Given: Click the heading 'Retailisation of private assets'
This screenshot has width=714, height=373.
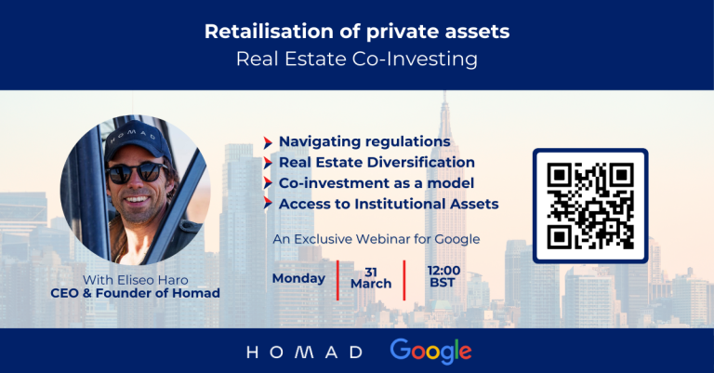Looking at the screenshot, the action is [357, 32].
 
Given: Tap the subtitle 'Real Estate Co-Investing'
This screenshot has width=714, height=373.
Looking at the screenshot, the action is [357, 60].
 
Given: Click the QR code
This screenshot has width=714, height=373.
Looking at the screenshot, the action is [590, 206].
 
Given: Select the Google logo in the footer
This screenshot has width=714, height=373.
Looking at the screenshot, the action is [430, 351].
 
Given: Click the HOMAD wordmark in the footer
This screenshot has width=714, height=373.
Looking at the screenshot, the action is [304, 352].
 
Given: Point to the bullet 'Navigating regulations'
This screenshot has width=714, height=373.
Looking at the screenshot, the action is [364, 141].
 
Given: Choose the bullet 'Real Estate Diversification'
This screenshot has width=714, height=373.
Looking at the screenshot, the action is [377, 162].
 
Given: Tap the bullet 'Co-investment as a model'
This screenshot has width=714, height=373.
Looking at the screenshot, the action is [377, 183].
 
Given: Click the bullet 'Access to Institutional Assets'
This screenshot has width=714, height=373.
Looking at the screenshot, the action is [389, 204].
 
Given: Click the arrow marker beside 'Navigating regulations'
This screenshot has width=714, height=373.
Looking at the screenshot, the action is [268, 142].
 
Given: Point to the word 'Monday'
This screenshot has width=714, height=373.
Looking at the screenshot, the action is [298, 278].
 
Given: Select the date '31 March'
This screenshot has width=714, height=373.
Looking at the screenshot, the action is [371, 278].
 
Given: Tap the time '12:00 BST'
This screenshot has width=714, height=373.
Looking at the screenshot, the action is [443, 276].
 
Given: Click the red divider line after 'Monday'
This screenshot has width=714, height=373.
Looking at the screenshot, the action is [337, 280].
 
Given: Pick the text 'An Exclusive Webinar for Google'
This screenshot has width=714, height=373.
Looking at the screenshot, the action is [377, 239].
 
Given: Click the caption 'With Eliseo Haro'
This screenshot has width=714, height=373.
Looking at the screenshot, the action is [136, 280].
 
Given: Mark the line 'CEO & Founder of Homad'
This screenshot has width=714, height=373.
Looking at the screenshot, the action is [135, 293].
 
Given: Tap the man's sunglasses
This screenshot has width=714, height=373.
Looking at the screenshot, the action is [136, 173].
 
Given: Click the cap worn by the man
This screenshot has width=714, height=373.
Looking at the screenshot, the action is [137, 140].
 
